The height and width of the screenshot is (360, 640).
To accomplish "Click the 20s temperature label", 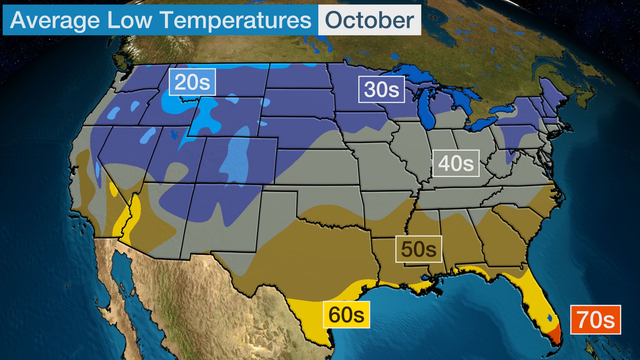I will point(192,82).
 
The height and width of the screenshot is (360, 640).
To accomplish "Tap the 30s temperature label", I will point(381,89).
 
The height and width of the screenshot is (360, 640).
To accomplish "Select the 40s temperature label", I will point(456,163).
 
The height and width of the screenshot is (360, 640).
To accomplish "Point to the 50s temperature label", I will point(418,249).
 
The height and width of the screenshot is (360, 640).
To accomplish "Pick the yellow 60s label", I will point(346,315).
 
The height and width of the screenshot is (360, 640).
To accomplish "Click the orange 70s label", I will point(595,320).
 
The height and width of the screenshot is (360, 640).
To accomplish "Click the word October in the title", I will point(369,20).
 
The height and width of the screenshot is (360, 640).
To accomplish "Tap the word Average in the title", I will point(55,20).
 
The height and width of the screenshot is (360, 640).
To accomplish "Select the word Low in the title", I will point(129,20).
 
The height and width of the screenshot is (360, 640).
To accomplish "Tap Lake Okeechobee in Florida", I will point(550,318).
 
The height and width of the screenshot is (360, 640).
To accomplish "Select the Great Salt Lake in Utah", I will point(174,134).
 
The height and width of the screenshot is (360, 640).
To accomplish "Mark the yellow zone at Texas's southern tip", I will point(313,320).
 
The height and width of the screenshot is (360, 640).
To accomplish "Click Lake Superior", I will point(413,75).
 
